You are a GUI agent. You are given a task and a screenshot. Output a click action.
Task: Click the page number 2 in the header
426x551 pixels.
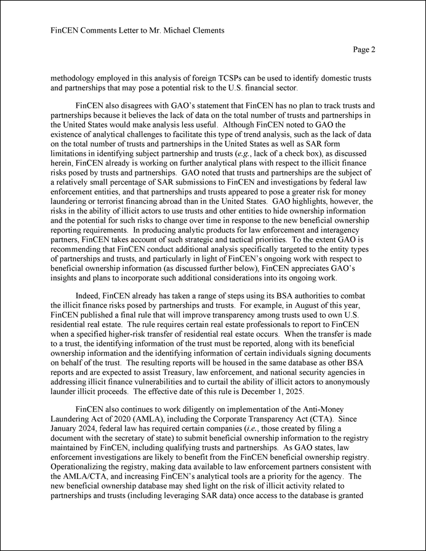point(372,50)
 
